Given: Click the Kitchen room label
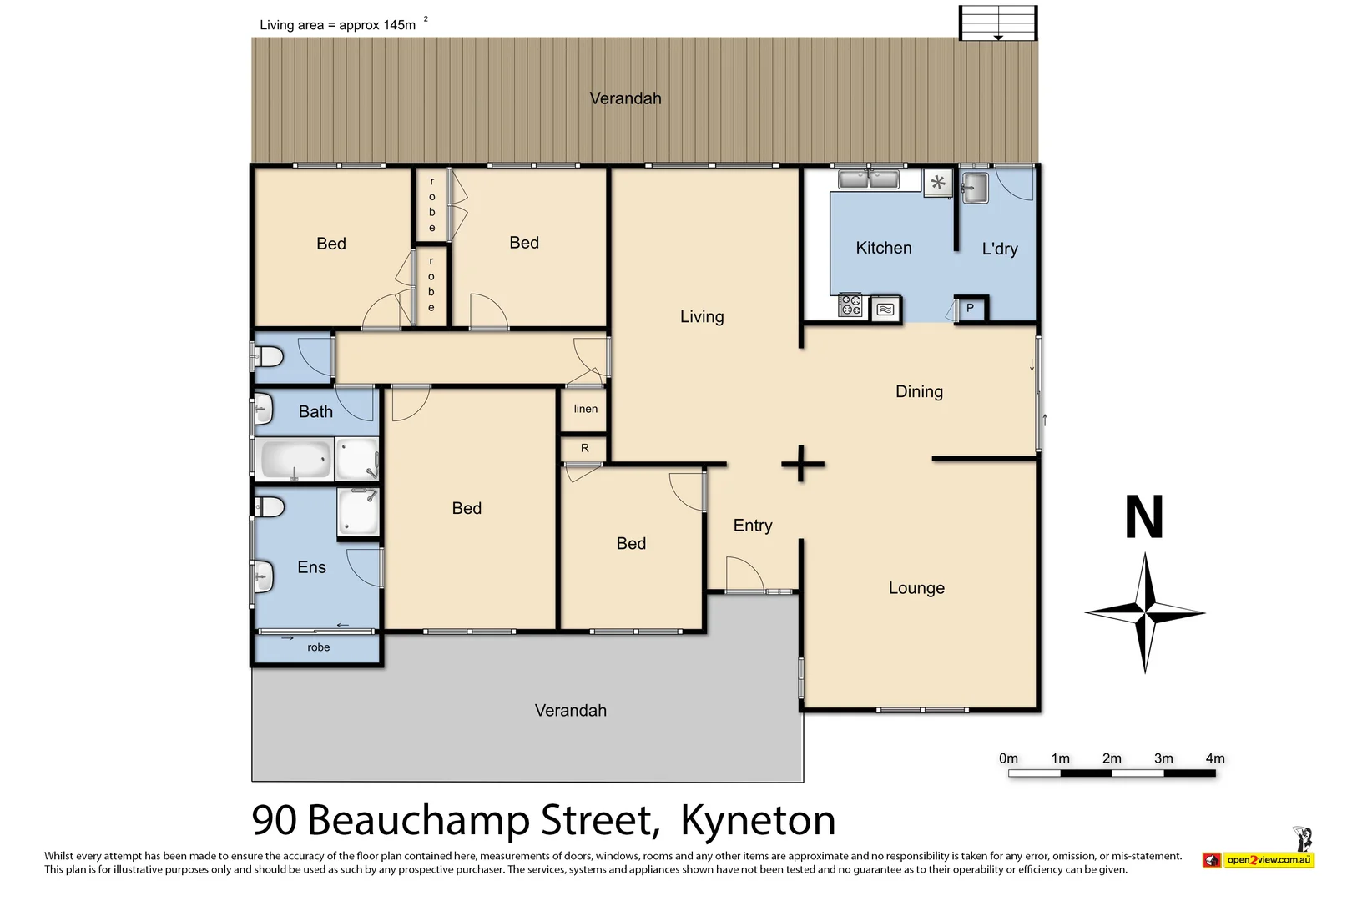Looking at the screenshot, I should (883, 248).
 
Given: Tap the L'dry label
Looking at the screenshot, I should (999, 249).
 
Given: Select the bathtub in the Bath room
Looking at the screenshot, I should (295, 460).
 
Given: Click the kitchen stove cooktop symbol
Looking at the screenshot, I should (850, 305).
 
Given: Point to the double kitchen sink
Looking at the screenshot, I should (868, 179).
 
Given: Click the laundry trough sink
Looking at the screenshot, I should (974, 188).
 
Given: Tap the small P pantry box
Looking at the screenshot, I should (970, 308).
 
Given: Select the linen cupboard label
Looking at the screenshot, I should (585, 409).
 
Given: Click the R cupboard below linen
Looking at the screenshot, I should (584, 448).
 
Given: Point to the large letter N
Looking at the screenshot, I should (1143, 518).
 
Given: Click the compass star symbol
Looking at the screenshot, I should (1146, 613).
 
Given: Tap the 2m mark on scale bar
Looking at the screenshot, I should (1112, 758).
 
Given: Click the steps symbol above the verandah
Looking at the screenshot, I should (997, 23).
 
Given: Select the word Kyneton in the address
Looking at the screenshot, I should (758, 820).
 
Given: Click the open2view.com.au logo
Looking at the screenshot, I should (1267, 859).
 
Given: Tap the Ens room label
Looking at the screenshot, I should (311, 567).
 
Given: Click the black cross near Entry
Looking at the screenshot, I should (802, 464).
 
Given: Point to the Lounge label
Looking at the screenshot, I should (916, 588).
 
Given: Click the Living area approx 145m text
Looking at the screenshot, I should (338, 25).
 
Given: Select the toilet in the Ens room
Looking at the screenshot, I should (270, 507).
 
